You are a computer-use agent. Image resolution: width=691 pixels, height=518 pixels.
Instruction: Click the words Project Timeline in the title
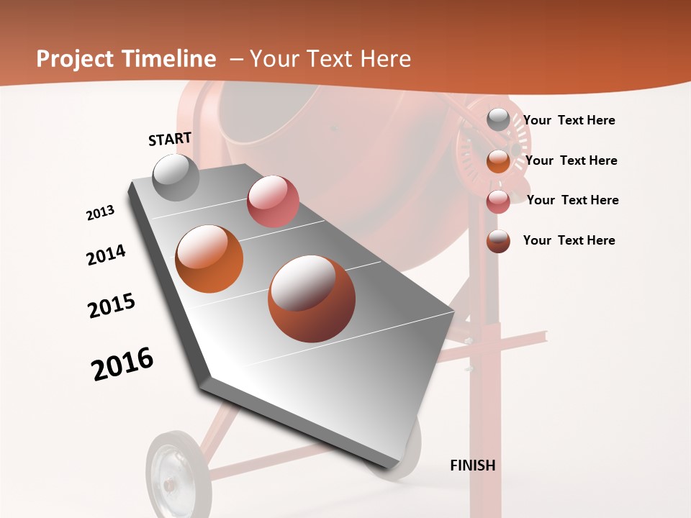[126, 59]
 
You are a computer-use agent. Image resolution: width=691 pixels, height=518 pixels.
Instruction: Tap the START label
[170, 139]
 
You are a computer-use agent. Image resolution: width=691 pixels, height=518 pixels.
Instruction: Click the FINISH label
[472, 465]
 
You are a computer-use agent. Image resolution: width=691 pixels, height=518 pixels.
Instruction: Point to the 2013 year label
[100, 213]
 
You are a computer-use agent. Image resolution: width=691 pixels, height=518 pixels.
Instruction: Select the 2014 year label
[106, 255]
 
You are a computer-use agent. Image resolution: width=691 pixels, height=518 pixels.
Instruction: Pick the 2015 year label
[112, 306]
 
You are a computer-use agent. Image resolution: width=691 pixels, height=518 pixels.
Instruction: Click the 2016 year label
[122, 364]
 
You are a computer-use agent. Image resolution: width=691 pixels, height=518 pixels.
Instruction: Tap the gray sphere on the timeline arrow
[176, 178]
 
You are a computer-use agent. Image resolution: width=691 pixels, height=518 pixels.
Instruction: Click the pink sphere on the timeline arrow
[273, 201]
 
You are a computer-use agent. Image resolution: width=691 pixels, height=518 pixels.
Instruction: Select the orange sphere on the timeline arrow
[209, 259]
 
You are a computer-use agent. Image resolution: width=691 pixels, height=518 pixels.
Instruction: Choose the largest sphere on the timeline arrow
[312, 299]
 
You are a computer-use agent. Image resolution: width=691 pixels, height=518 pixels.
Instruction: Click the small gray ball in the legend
[498, 119]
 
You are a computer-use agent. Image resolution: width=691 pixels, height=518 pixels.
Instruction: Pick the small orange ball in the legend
[498, 161]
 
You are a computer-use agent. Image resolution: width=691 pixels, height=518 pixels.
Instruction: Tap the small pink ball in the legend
[498, 201]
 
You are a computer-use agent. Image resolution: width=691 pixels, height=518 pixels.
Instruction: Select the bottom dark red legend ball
[498, 241]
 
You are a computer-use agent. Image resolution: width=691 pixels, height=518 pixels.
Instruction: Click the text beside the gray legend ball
[569, 120]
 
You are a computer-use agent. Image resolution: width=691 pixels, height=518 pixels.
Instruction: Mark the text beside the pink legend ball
[572, 200]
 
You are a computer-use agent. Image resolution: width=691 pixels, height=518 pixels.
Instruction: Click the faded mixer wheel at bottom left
[173, 475]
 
